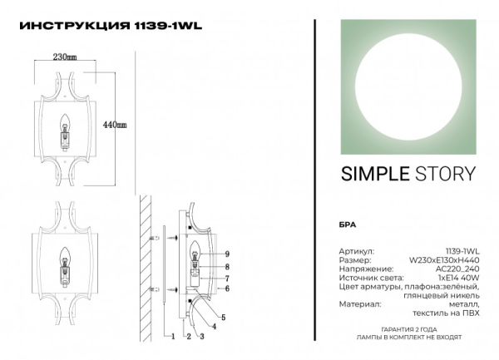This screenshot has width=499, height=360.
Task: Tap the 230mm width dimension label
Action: (x=65, y=57)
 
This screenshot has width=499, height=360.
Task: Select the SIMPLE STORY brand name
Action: (x=408, y=174)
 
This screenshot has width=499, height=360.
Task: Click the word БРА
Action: (x=349, y=226)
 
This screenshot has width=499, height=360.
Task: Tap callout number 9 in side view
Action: (x=225, y=253)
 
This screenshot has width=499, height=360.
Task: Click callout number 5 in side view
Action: (x=223, y=318)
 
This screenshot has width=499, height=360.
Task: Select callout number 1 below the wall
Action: (x=171, y=337)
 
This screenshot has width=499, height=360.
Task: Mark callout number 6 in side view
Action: (x=225, y=288)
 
